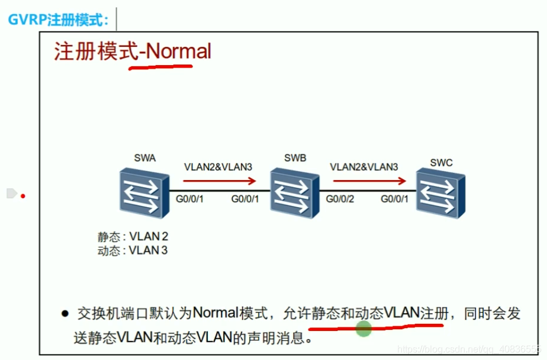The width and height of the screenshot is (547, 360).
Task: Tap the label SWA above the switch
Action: (144, 158)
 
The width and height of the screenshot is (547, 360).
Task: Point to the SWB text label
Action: (295, 158)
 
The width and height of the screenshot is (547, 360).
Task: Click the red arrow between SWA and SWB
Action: (219, 181)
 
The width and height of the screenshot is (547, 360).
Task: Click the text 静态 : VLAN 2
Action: (133, 236)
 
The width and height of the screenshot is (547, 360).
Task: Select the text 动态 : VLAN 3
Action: (133, 250)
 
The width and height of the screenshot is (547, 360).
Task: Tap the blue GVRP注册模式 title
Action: (58, 20)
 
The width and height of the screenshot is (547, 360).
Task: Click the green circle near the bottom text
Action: (363, 329)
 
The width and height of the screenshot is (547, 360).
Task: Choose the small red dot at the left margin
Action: (23, 194)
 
